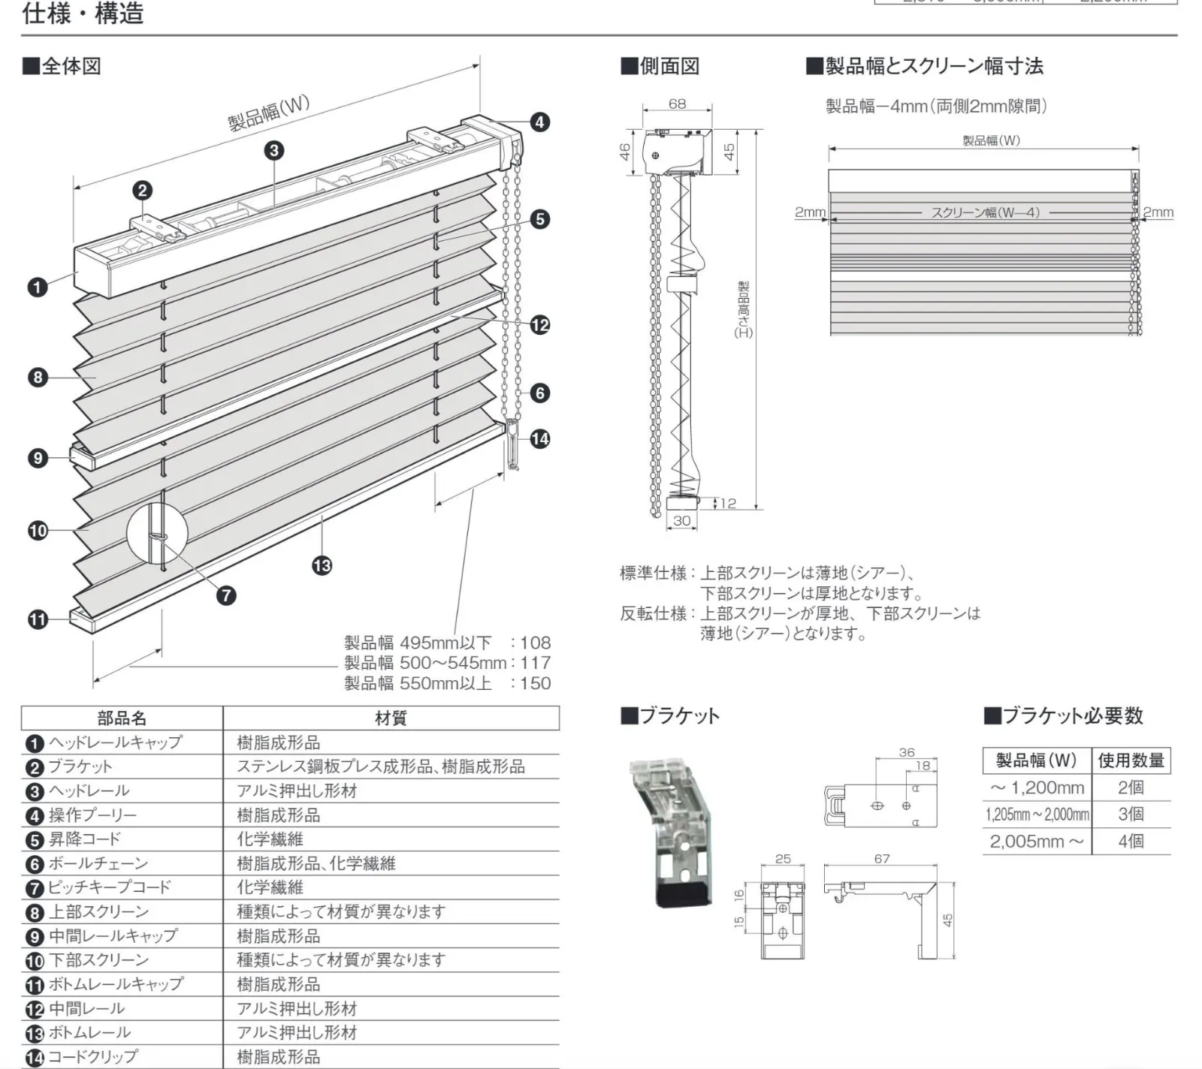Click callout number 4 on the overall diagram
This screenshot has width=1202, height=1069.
[539, 122]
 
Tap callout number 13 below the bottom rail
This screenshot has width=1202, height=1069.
[322, 565]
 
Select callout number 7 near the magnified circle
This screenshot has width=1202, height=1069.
[225, 595]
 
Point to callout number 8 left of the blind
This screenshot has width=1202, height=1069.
[38, 377]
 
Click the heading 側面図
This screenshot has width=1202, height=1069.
[661, 66]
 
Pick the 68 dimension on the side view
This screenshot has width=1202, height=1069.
[677, 104]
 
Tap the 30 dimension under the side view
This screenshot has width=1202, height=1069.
[681, 520]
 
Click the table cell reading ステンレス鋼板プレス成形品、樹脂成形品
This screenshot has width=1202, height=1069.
[381, 766]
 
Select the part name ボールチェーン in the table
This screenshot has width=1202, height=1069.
[98, 863]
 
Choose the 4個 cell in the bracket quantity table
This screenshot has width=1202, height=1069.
[1131, 841]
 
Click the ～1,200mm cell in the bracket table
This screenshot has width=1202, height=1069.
[1037, 787]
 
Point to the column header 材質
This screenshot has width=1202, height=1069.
[391, 718]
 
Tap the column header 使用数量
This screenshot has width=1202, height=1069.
[1131, 760]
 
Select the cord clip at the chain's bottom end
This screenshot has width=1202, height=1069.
[514, 447]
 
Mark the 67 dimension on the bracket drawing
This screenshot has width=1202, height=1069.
[882, 858]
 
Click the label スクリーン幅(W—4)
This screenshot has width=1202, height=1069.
[985, 212]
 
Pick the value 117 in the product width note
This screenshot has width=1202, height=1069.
[535, 663]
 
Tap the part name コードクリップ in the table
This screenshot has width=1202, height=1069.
[93, 1056]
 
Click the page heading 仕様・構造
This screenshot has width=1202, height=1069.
[83, 14]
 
